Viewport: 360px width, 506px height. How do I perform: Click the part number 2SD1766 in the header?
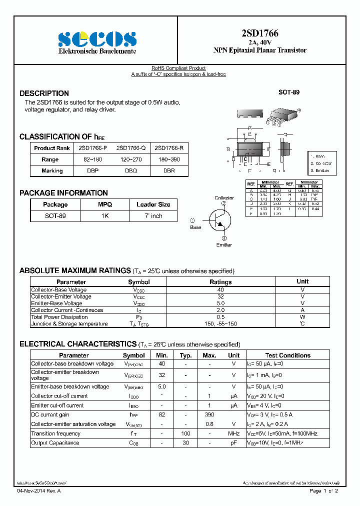point(260,33)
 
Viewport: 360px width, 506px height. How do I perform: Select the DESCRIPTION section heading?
point(44,93)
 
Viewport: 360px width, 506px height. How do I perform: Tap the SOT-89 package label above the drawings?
point(289,92)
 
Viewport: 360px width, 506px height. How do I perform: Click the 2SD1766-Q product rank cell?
point(131,148)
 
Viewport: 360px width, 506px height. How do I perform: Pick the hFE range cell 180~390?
point(169,159)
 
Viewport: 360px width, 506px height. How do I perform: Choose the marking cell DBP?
point(92,171)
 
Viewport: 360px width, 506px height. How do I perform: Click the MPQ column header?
point(104,204)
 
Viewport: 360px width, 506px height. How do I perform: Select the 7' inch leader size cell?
point(153,216)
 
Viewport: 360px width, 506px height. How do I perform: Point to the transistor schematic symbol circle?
point(220,219)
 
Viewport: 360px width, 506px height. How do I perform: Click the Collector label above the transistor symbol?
point(224,198)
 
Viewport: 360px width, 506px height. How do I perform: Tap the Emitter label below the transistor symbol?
point(224,245)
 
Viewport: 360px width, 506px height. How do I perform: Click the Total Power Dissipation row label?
point(59,317)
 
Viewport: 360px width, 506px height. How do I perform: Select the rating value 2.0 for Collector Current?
point(220,310)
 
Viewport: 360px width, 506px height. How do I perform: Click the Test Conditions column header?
point(287,355)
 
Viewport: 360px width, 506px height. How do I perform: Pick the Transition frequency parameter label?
point(55,433)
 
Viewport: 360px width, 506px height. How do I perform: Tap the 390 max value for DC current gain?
point(209,415)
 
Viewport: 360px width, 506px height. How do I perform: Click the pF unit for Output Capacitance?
point(233,443)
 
